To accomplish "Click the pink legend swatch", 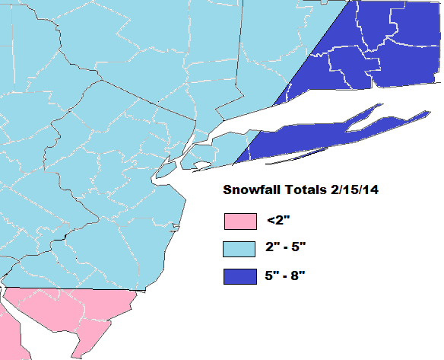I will [239, 221].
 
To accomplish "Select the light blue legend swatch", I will [239, 249].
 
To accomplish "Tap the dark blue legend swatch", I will [239, 276].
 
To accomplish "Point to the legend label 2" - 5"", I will [286, 249].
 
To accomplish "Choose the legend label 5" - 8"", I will [286, 276].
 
